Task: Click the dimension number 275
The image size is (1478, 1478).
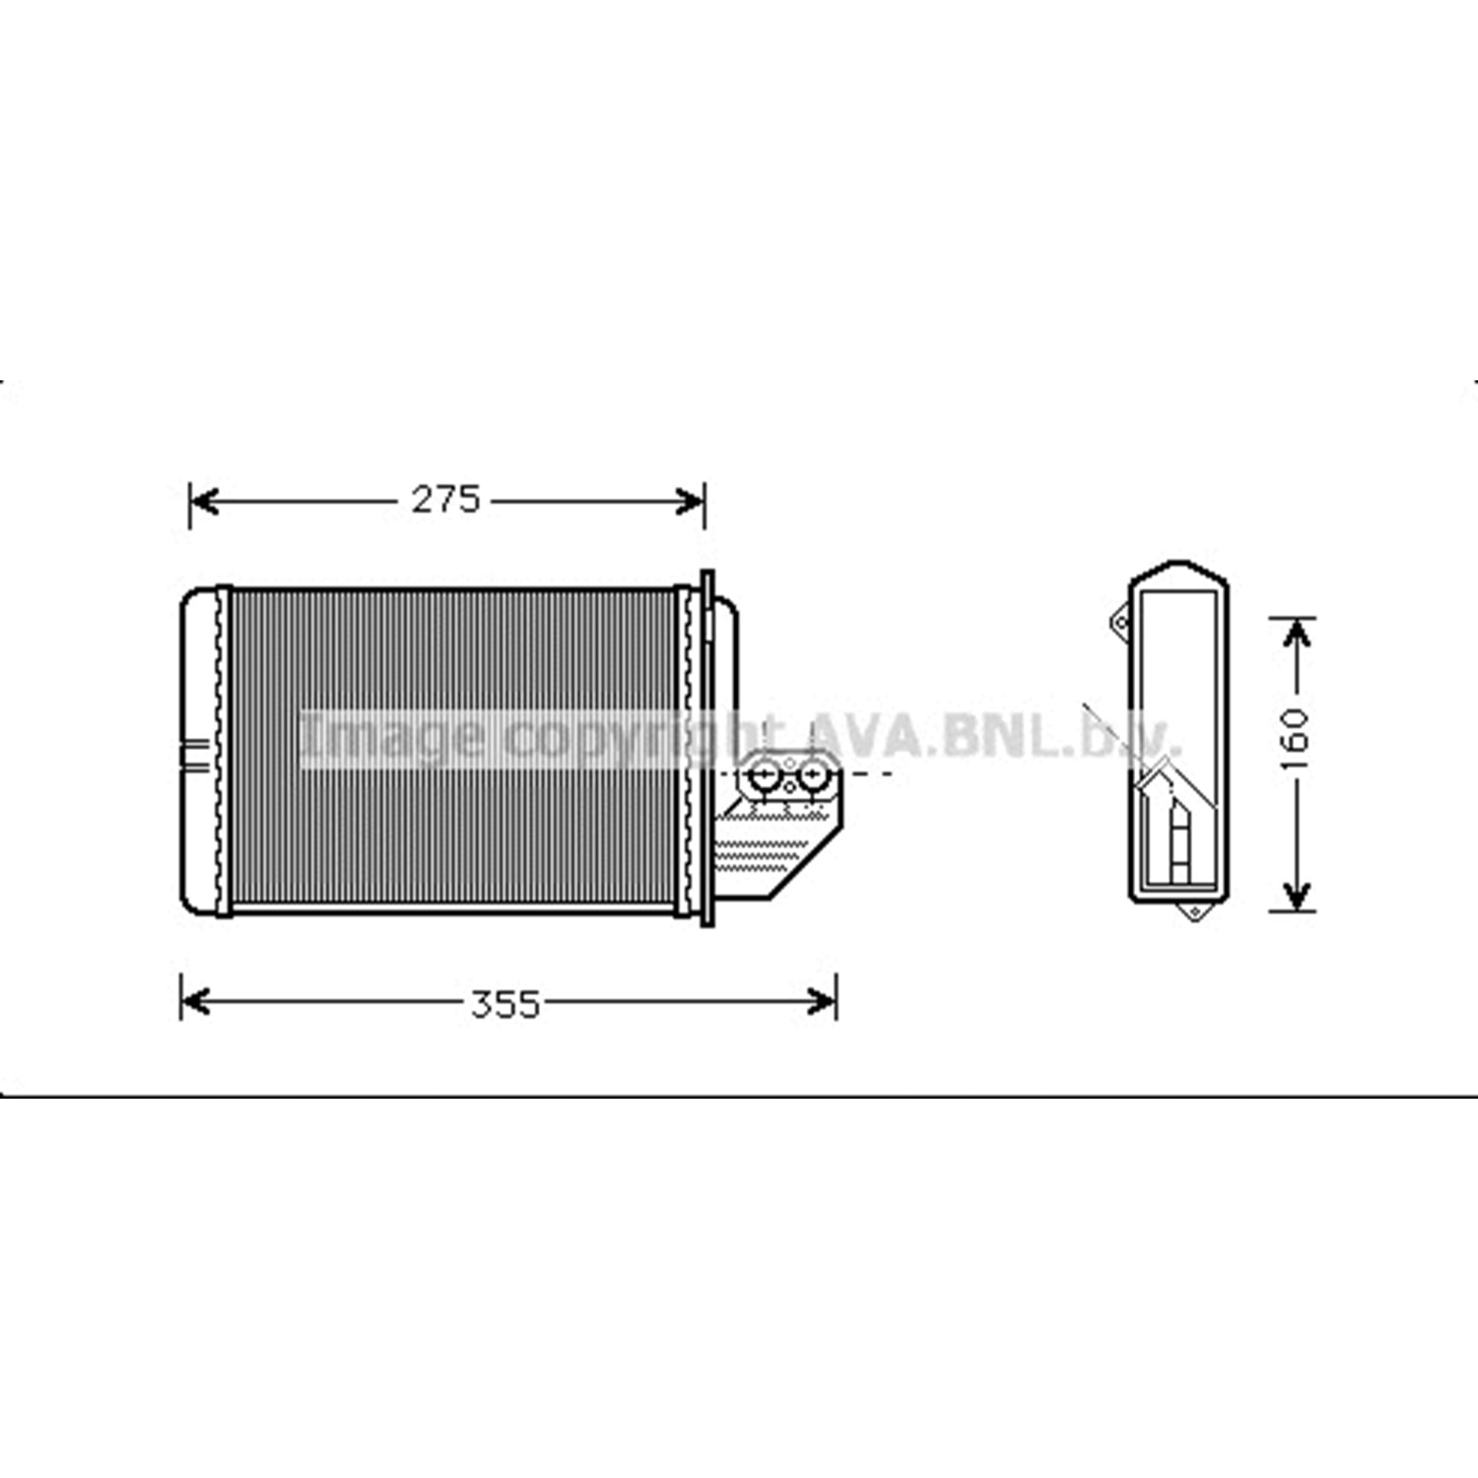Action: tap(445, 501)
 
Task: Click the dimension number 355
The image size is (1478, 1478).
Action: tap(505, 1005)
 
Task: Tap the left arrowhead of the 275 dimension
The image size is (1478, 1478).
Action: tap(205, 502)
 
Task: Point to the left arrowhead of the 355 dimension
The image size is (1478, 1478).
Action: tap(197, 1003)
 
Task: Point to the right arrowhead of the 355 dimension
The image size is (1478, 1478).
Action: tap(821, 1003)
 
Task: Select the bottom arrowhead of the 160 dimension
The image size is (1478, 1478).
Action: tap(1297, 895)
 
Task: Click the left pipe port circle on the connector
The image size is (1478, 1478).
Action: tap(765, 777)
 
